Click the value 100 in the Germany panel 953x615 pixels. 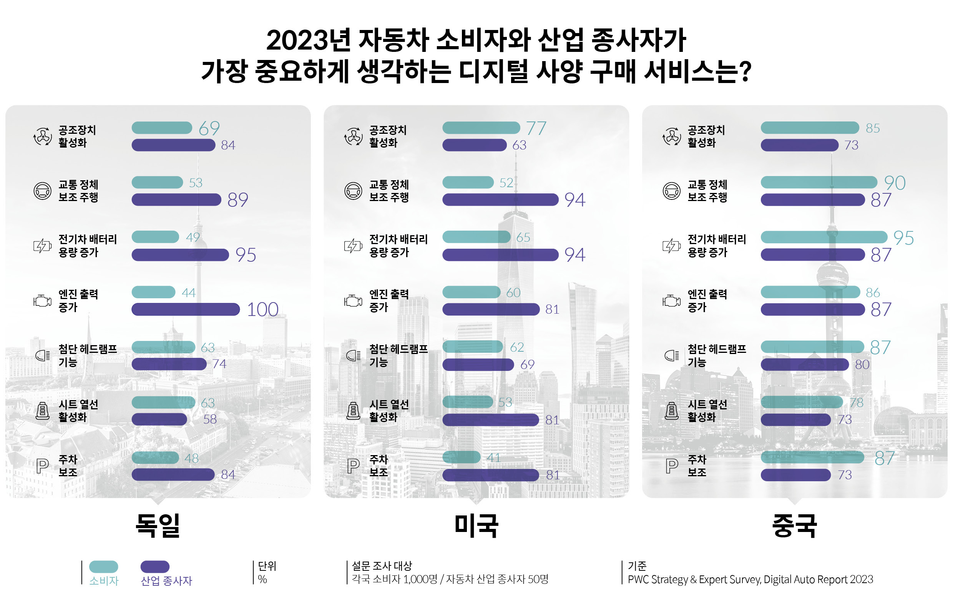(262, 309)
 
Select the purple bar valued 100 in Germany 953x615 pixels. (185, 309)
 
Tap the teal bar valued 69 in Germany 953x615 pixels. (162, 128)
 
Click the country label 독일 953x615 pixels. (158, 525)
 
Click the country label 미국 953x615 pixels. (476, 525)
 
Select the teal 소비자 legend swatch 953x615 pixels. (103, 567)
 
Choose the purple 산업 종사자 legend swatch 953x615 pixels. (155, 567)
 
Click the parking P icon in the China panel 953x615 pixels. (672, 465)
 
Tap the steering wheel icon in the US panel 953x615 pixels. (353, 191)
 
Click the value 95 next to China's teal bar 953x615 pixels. (903, 238)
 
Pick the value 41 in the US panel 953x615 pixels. (493, 458)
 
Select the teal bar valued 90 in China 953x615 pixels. (819, 183)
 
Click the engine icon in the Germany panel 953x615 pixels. (42, 301)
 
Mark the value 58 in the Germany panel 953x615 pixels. (210, 419)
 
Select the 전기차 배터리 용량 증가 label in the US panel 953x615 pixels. (398, 246)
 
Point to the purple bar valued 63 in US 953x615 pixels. (474, 145)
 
